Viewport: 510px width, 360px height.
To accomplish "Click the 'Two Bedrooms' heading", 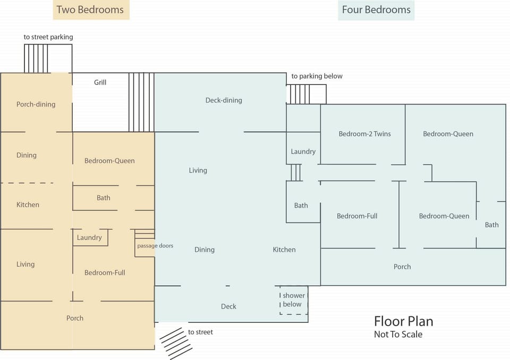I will click(90, 10).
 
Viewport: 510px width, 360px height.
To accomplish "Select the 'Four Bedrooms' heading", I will click(376, 10).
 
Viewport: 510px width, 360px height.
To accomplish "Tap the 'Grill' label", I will click(100, 82).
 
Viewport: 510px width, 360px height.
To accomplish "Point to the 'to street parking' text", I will click(48, 37).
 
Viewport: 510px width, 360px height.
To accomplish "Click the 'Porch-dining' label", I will click(36, 104).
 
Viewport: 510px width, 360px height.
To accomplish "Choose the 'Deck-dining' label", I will click(224, 100).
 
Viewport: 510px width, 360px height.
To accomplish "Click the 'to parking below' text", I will click(317, 76).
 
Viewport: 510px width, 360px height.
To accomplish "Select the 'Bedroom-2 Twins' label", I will click(364, 134).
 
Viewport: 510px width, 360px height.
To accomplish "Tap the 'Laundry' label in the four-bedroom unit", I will click(303, 151).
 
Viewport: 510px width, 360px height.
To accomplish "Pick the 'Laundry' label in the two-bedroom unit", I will click(89, 237).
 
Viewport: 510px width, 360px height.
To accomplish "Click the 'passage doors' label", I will click(155, 246).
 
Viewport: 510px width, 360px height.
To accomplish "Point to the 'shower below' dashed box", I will click(293, 300).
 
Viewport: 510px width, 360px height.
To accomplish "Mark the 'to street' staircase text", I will click(200, 332).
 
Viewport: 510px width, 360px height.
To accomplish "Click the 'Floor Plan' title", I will click(403, 321).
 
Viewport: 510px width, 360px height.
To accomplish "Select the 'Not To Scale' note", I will click(398, 335).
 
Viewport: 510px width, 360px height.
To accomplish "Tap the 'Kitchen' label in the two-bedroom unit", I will click(28, 204).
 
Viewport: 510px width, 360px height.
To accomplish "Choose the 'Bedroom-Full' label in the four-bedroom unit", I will click(357, 216).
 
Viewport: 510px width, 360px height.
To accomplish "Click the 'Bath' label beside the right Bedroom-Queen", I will click(491, 225).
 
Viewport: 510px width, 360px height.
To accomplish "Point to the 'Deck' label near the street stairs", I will click(228, 306).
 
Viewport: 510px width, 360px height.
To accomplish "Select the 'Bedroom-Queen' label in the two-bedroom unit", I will click(109, 160).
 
